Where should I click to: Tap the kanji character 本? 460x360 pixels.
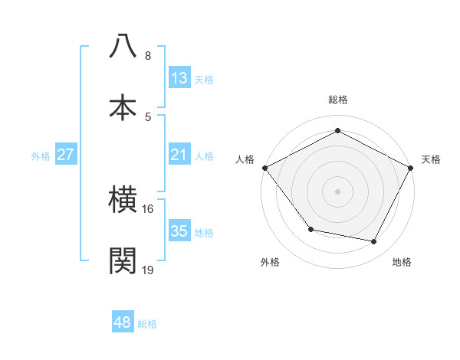(x=123, y=106)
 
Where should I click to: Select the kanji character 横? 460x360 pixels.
(x=123, y=200)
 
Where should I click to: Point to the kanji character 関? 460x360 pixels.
(x=123, y=260)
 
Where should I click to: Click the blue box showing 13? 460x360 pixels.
(x=179, y=77)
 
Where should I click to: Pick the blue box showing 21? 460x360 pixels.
(x=179, y=155)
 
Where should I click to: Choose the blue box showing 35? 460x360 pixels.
(x=179, y=231)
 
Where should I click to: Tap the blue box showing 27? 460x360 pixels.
(x=66, y=155)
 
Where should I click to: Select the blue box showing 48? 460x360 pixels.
(x=123, y=322)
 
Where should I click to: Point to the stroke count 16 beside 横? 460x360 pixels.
(x=147, y=208)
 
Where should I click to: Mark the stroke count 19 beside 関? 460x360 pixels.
(x=148, y=269)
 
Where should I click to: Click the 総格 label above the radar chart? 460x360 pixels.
(x=338, y=100)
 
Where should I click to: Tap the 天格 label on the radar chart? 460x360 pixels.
(x=431, y=159)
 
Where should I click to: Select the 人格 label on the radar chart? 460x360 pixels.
(x=245, y=159)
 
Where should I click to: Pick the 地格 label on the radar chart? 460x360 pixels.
(x=402, y=263)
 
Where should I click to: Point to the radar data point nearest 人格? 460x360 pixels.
(x=265, y=167)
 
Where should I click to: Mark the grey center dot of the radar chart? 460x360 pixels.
(x=338, y=191)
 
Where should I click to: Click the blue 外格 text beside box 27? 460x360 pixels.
(x=41, y=155)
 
